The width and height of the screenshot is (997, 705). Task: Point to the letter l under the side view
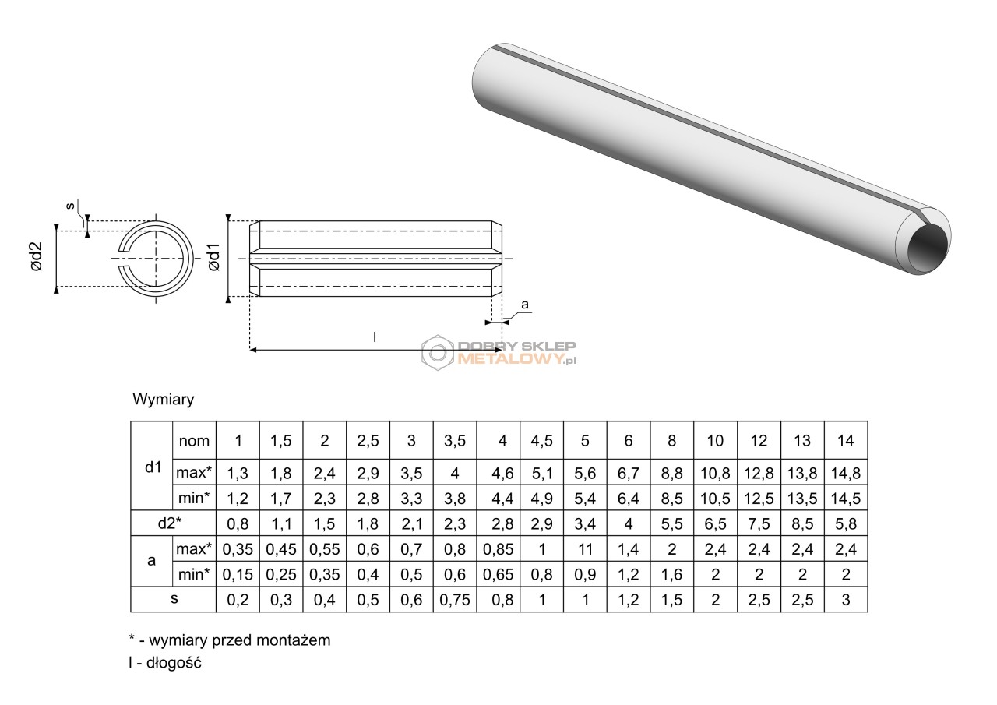click(x=375, y=337)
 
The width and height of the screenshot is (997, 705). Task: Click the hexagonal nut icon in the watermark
click(x=438, y=352)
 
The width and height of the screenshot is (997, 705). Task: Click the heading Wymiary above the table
click(x=164, y=400)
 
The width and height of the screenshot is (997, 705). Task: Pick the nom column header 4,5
click(x=541, y=441)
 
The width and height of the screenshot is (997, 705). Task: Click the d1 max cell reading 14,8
click(x=846, y=472)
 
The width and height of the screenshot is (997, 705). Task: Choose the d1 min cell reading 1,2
click(x=238, y=498)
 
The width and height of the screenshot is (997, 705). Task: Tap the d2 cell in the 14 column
click(x=846, y=523)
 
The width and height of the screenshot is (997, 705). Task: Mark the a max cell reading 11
click(x=585, y=549)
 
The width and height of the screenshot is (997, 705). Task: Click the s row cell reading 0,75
click(x=455, y=600)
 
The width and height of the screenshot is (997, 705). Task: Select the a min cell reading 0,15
click(x=238, y=575)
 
